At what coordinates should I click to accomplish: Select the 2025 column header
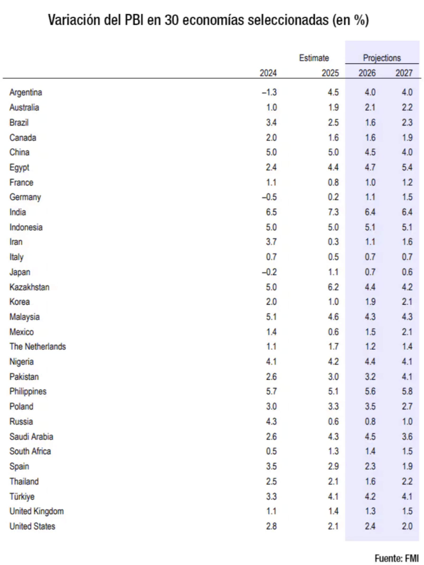[x=330, y=73]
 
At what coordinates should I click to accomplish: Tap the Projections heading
[x=382, y=58]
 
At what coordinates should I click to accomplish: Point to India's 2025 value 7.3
[x=333, y=212]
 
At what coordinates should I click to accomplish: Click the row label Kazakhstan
[x=29, y=287]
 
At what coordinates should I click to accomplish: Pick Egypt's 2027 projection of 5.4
[x=407, y=167]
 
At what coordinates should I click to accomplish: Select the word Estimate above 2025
[x=314, y=58]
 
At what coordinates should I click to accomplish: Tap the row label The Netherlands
[x=38, y=346]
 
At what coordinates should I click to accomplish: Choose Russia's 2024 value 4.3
[x=271, y=421]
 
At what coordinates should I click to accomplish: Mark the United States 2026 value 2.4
[x=370, y=526]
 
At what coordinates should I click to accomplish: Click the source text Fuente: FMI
[x=396, y=558]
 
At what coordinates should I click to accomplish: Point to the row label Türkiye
[x=22, y=496]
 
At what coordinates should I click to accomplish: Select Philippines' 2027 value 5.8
[x=407, y=391]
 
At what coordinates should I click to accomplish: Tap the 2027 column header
[x=404, y=73]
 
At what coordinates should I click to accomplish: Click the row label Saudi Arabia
[x=31, y=437]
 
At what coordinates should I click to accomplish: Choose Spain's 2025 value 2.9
[x=333, y=466]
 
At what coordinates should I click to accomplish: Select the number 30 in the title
[x=171, y=20]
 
